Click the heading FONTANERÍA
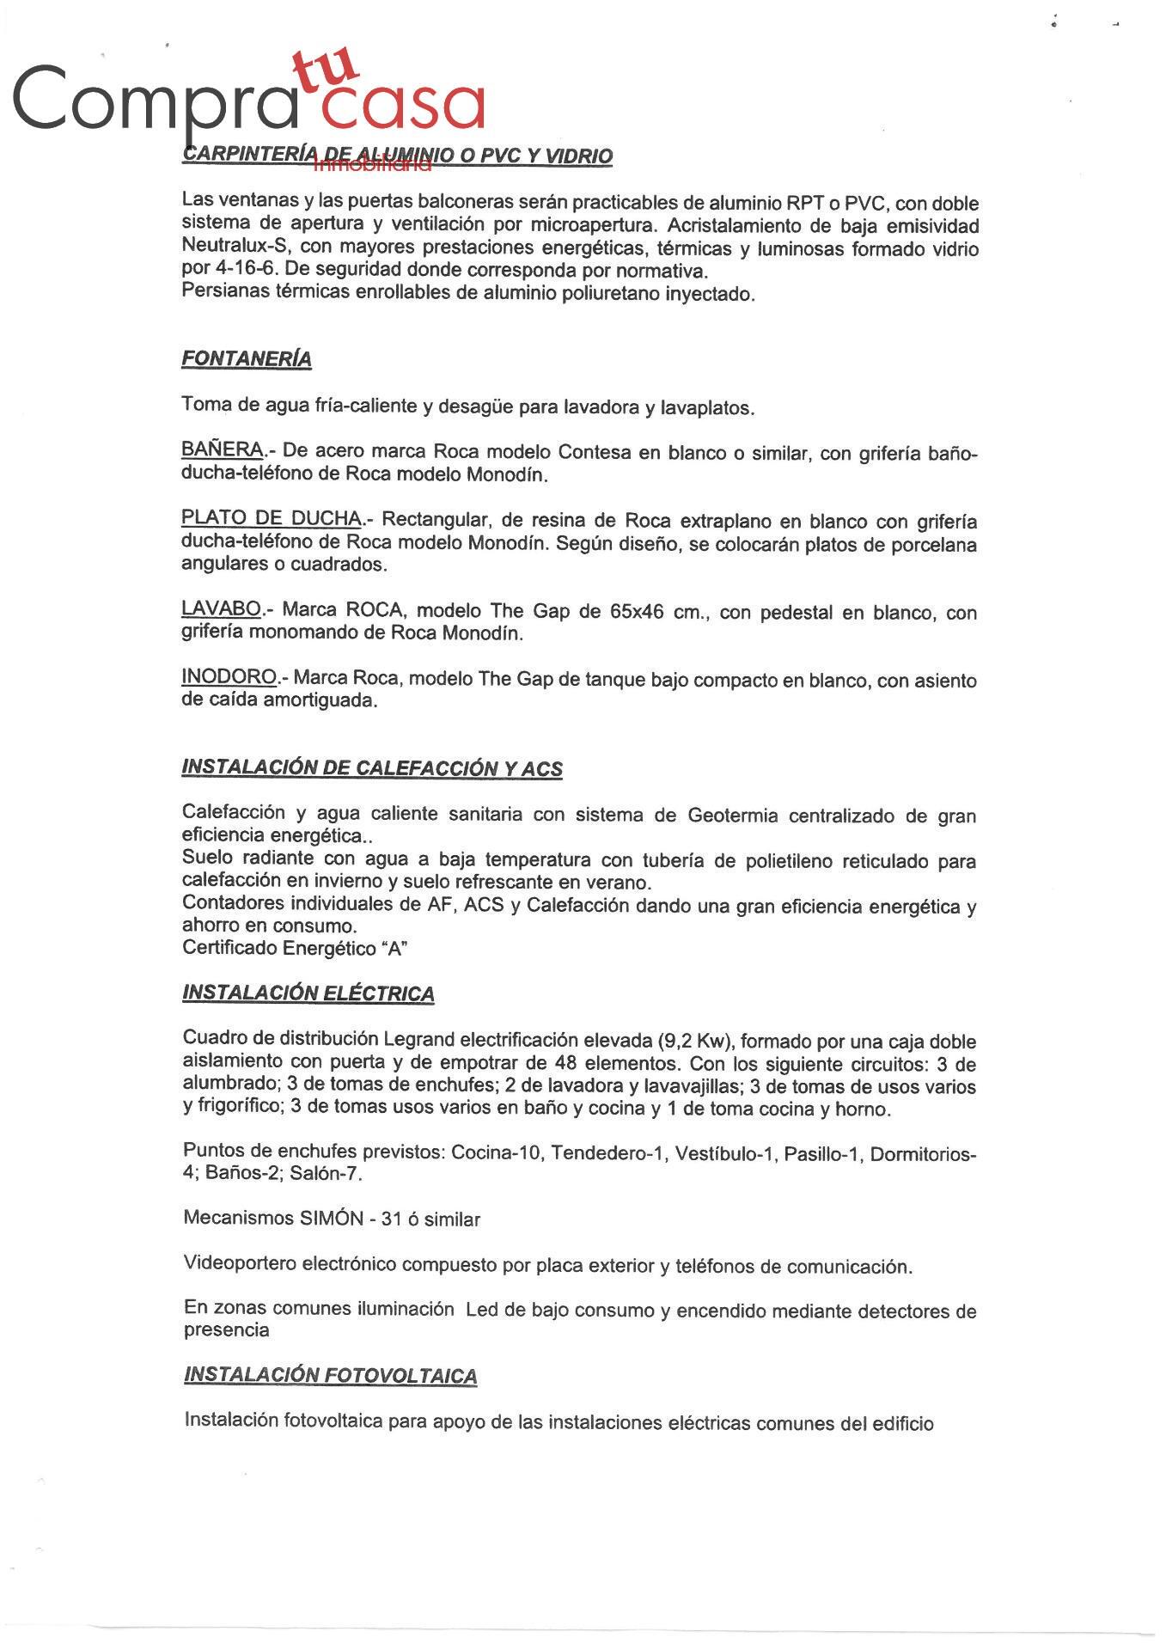(246, 359)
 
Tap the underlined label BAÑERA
(223, 449)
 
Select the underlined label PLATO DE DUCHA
(272, 518)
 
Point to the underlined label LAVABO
(221, 609)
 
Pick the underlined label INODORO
(229, 677)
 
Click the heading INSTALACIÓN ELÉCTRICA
(308, 993)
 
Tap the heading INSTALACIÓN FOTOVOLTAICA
(330, 1375)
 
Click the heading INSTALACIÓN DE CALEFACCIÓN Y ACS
(372, 767)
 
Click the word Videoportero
(240, 1263)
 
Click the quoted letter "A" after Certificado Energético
(396, 949)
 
